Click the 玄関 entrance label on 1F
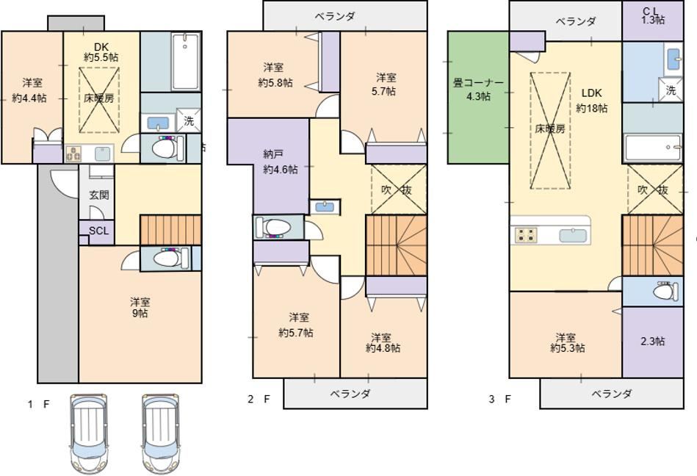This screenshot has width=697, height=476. pyautogui.click(x=99, y=195)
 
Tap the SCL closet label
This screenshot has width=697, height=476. pyautogui.click(x=98, y=231)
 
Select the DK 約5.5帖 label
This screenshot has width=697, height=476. pyautogui.click(x=101, y=52)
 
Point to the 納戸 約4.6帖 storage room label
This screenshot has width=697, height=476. pyautogui.click(x=281, y=162)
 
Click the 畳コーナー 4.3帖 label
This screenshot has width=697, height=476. pyautogui.click(x=478, y=90)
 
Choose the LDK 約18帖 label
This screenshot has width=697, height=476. pyautogui.click(x=592, y=101)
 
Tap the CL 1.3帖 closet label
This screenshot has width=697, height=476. pyautogui.click(x=653, y=15)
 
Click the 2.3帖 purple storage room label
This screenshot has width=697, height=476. pyautogui.click(x=652, y=342)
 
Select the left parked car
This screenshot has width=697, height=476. pyautogui.click(x=89, y=434)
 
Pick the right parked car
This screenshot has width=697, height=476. pyautogui.click(x=160, y=434)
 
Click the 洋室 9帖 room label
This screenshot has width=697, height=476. pyautogui.click(x=140, y=308)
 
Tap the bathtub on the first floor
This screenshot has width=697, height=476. pyautogui.click(x=186, y=61)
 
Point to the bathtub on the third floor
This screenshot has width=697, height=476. pyautogui.click(x=653, y=148)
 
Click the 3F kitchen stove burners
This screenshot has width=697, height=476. pyautogui.click(x=526, y=234)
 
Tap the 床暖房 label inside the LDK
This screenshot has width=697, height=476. pyautogui.click(x=550, y=129)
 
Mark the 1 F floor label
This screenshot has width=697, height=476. pyautogui.click(x=38, y=404)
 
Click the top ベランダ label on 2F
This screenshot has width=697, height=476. pyautogui.click(x=335, y=16)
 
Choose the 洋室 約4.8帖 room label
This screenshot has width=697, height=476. pyautogui.click(x=383, y=342)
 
